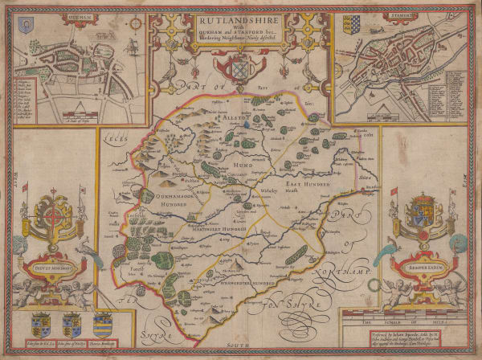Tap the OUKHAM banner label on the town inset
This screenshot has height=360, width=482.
click(x=37, y=22)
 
